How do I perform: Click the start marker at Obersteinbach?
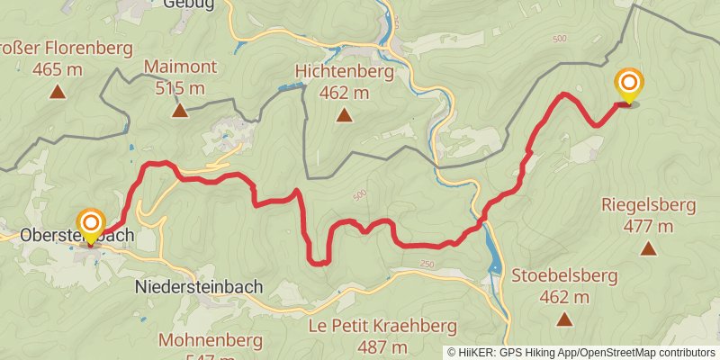pos(91,224)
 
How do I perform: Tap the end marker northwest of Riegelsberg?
pos(629,86)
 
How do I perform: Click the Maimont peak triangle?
pos(180,111)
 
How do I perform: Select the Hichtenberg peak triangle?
pos(344,114)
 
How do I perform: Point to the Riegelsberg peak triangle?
pos(648,248)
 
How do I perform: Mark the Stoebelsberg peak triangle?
pos(564,319)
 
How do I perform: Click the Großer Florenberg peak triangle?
pos(58,91)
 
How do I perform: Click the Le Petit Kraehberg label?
pos(382,326)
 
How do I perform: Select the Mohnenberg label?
pos(210,340)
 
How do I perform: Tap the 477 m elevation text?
pos(648,226)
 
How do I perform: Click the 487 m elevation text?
pos(382,347)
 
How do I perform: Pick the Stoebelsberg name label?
pos(564,275)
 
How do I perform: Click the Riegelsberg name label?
pos(648,205)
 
